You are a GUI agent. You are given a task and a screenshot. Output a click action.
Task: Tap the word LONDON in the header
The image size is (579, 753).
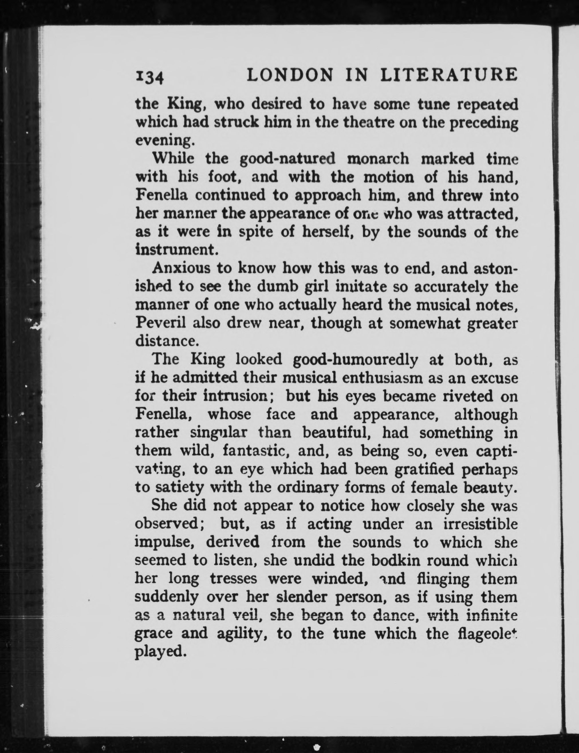pyautogui.click(x=291, y=75)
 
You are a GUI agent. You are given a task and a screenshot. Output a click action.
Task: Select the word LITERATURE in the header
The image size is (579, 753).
pyautogui.click(x=449, y=75)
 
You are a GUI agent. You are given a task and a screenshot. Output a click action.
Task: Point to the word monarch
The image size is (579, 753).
pyautogui.click(x=378, y=159)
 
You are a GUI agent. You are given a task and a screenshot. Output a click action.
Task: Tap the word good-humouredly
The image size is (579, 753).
pyautogui.click(x=355, y=360)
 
